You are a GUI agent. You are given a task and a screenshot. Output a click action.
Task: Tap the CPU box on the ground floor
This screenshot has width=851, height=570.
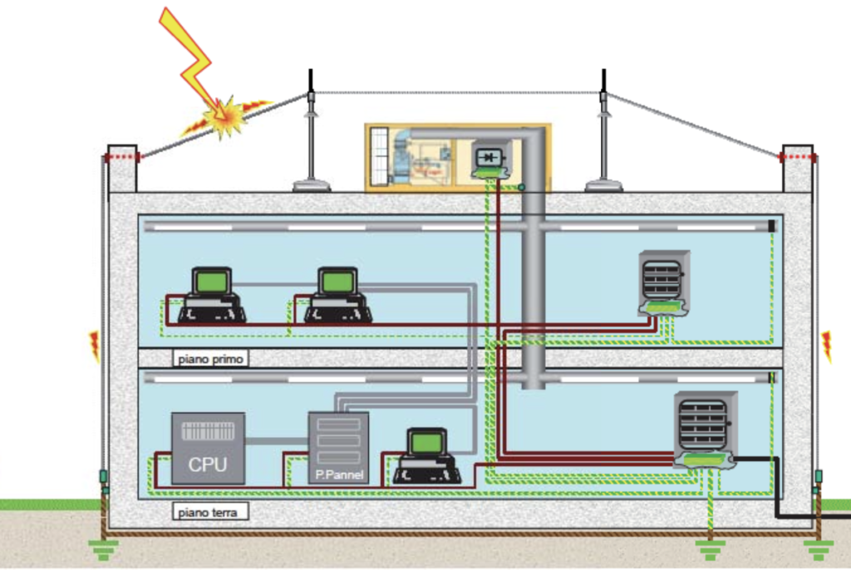point(208,448)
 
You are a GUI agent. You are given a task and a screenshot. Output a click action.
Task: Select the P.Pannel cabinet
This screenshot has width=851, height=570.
point(338,447)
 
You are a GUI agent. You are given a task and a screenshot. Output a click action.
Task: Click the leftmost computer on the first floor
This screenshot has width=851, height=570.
point(211,296)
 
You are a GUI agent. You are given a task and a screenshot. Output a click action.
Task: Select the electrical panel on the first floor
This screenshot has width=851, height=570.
point(664,278)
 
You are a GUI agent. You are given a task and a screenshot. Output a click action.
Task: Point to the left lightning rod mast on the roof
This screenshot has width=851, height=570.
point(311,133)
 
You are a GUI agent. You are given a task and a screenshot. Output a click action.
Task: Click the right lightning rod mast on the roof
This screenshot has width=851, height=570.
point(603,133)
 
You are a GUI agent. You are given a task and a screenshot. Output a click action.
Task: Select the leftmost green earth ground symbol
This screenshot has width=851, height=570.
point(104,549)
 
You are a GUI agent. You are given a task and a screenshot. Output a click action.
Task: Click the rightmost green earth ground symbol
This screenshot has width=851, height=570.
point(818,549)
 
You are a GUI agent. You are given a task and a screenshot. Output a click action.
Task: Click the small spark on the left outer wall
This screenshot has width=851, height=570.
point(94,346)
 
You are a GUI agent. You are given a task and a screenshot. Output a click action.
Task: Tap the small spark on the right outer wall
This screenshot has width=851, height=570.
point(827,346)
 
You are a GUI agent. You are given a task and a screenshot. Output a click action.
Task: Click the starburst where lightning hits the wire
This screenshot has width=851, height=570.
point(225,118)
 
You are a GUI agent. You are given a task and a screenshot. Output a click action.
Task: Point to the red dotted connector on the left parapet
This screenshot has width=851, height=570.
point(124,156)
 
